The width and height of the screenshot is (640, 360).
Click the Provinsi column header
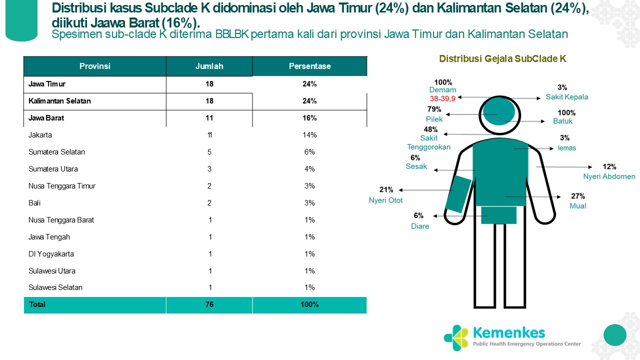tap(95, 66)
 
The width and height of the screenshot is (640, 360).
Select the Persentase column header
tap(309, 66)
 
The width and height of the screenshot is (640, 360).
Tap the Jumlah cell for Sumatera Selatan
tap(209, 152)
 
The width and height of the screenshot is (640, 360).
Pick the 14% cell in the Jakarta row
tap(309, 135)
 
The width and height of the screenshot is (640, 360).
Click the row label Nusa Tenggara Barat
tap(61, 220)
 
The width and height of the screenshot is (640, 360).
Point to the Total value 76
tap(209, 304)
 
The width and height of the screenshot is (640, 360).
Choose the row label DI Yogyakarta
tap(51, 254)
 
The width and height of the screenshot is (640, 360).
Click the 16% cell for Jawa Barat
tap(309, 118)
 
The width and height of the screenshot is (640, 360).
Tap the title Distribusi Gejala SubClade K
tap(502, 58)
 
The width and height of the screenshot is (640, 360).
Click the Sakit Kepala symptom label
tap(566, 97)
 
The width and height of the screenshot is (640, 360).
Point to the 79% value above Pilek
tap(434, 109)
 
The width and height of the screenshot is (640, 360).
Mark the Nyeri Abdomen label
tap(609, 176)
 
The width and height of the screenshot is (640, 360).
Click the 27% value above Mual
tap(577, 196)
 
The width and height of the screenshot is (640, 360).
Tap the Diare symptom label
tap(420, 226)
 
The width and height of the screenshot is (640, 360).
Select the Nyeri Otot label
tap(386, 200)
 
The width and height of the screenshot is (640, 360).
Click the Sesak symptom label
tap(416, 166)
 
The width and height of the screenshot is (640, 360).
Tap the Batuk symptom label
tap(563, 121)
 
